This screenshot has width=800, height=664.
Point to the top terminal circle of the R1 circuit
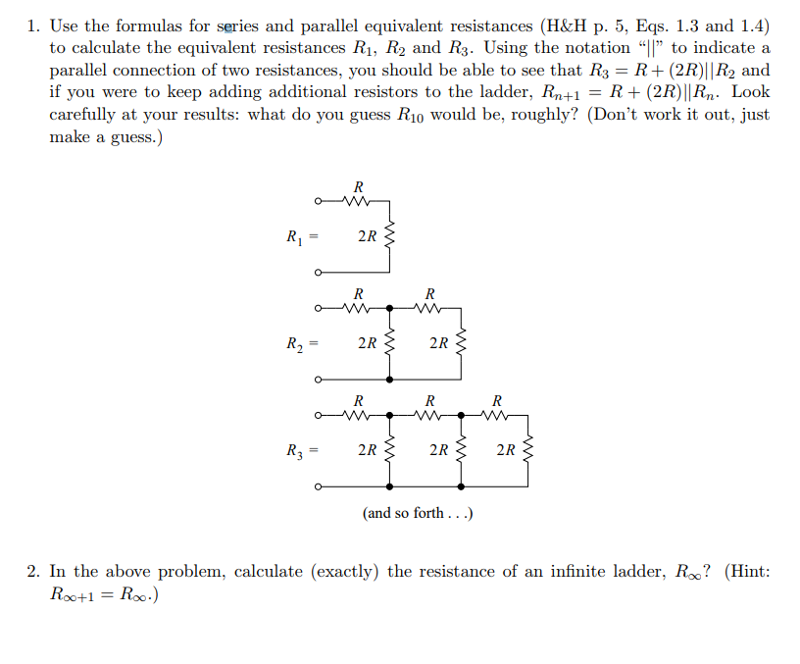click(x=318, y=203)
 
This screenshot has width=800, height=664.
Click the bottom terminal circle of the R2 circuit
click(x=318, y=380)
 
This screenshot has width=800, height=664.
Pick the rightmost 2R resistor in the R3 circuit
click(x=530, y=451)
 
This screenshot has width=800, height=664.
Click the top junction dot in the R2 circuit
click(x=391, y=308)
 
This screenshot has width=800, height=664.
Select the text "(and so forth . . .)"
click(x=418, y=513)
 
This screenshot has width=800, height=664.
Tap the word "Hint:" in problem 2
click(x=747, y=572)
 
